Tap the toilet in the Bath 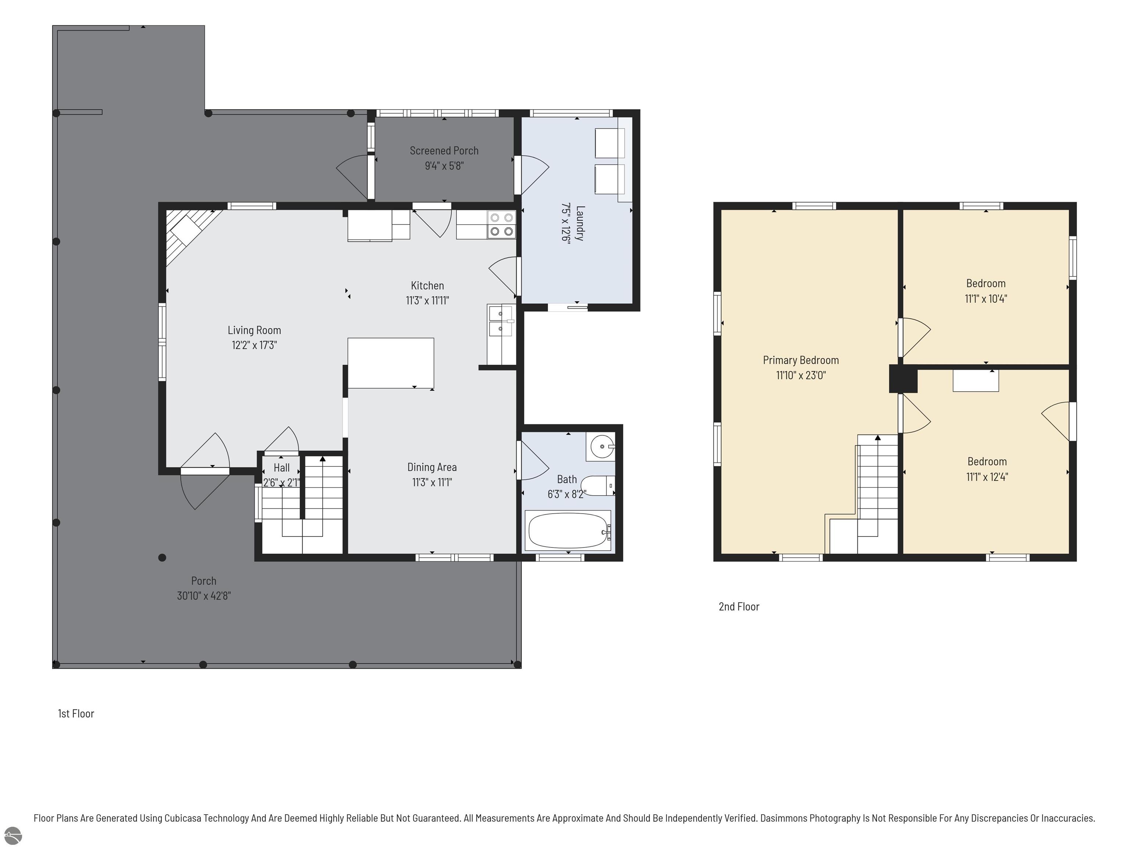coord(598,486)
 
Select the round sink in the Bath coord(602,447)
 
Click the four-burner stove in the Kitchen coord(501,225)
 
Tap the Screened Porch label coord(444,151)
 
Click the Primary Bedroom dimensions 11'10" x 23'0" coord(801,375)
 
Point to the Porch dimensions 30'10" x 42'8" coord(204,596)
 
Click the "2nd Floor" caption coord(739,607)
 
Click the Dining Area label coord(432,467)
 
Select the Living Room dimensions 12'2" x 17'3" coord(254,345)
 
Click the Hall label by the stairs coord(281,468)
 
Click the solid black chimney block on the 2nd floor coord(903,378)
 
